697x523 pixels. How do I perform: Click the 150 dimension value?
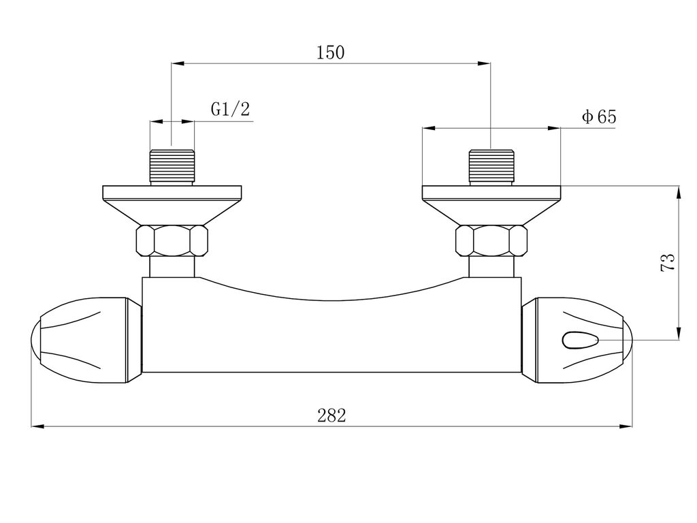coord(330,52)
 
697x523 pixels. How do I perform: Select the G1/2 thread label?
coord(230,108)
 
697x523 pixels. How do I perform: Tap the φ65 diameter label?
coord(599,117)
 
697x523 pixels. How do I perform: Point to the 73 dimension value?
coord(668,262)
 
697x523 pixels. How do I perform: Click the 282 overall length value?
coord(331,416)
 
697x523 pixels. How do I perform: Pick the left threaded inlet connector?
coord(172,168)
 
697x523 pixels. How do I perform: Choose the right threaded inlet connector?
coord(491,168)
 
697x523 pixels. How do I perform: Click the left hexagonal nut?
coord(172,240)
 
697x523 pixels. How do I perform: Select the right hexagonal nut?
coord(491,240)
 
